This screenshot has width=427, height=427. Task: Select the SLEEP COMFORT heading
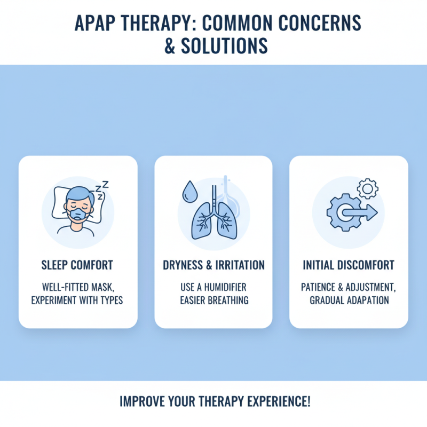click(78, 265)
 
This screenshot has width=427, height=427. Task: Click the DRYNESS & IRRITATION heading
click(213, 265)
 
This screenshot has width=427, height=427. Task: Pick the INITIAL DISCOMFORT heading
click(349, 265)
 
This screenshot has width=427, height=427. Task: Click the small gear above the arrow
click(367, 187)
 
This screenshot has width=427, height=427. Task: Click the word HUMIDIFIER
click(224, 287)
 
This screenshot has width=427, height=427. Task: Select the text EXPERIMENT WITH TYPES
click(78, 300)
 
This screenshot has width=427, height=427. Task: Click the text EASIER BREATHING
click(213, 300)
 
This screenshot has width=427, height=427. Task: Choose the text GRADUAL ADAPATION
click(349, 300)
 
